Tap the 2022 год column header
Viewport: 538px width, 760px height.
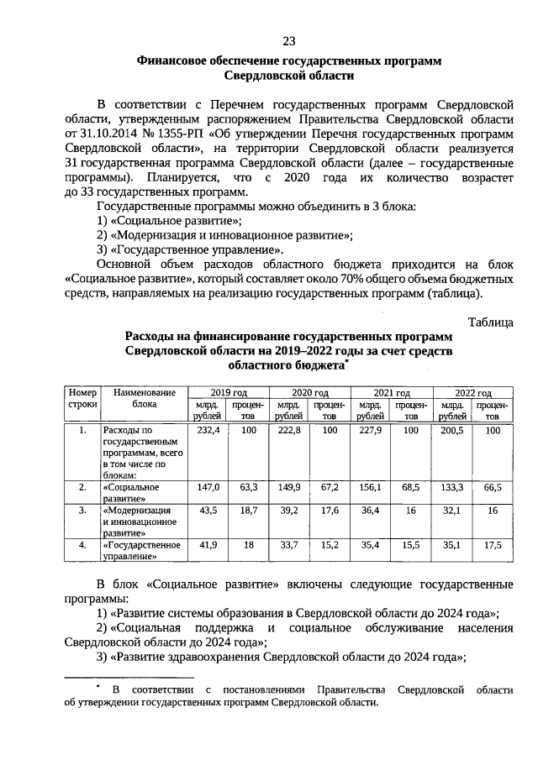(472, 392)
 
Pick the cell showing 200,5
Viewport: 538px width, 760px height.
(452, 430)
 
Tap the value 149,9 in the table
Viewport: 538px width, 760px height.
(289, 487)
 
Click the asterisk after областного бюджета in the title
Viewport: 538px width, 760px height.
(346, 363)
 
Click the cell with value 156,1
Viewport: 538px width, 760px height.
(371, 487)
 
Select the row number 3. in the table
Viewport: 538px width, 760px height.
(82, 510)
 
